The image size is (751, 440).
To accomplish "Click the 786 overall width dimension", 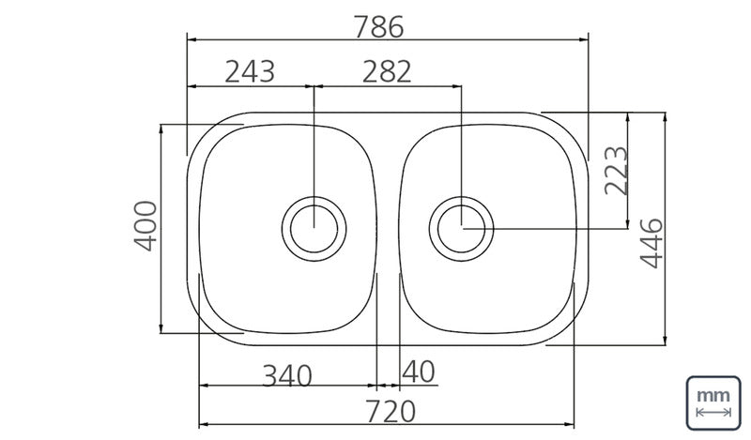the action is pyautogui.click(x=379, y=27).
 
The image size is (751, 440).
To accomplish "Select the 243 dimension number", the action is pyautogui.click(x=250, y=72).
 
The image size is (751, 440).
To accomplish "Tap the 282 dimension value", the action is pyautogui.click(x=387, y=72).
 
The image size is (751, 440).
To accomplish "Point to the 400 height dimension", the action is pyautogui.click(x=146, y=226).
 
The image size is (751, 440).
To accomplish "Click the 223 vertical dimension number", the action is pyautogui.click(x=616, y=171).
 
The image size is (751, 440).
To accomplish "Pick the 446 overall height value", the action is pyautogui.click(x=651, y=243).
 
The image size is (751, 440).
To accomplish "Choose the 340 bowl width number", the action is pyautogui.click(x=287, y=376).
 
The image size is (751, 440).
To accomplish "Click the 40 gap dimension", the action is pyautogui.click(x=419, y=372).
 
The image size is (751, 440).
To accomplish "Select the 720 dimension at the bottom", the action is pyautogui.click(x=391, y=412).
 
